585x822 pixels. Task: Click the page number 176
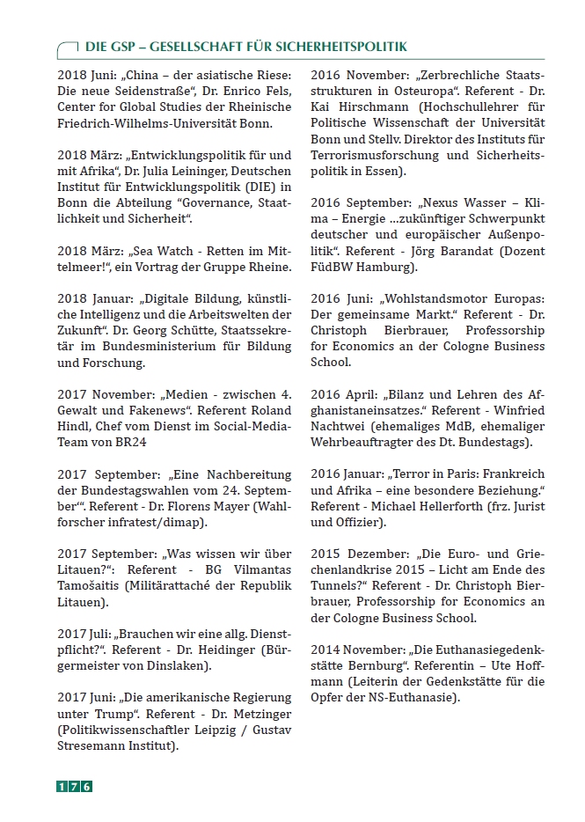coord(75,787)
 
